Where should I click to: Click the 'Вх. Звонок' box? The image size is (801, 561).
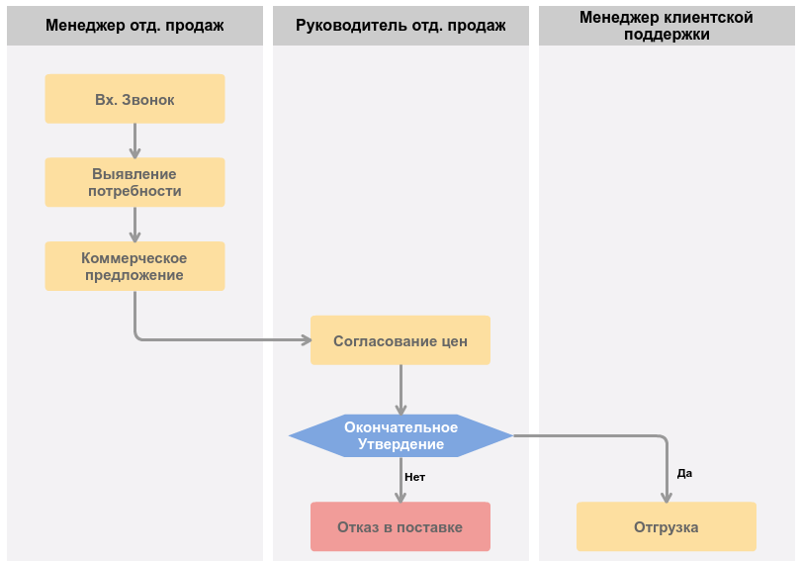pos(134,99)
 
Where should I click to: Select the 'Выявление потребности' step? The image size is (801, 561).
pos(134,182)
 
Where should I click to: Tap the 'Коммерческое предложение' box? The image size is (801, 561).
pos(134,266)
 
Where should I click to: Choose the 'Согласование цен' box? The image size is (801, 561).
pos(400,340)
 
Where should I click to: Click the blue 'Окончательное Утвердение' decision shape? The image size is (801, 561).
pos(400,435)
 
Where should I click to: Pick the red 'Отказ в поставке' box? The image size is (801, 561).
pos(400,526)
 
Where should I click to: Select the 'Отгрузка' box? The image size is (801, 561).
pos(667,526)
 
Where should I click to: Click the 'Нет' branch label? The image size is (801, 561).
pos(414,477)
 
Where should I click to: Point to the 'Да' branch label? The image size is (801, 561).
pos(684,473)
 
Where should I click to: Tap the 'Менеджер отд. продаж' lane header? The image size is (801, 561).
pos(134,26)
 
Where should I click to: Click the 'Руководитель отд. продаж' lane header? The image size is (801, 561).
pos(400,26)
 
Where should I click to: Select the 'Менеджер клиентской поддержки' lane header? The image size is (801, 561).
pos(667,26)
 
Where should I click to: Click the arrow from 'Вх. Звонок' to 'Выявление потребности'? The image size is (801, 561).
pos(134,140)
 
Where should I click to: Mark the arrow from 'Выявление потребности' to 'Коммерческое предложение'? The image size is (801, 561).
pos(134,225)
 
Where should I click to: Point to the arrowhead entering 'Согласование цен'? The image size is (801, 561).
pos(307,339)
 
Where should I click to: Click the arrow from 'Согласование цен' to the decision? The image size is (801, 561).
pos(401,389)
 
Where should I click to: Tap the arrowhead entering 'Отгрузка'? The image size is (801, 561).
pos(667,497)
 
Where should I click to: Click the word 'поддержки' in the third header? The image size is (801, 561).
pos(667,35)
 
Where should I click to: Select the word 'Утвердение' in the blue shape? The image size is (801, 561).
pos(401,444)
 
